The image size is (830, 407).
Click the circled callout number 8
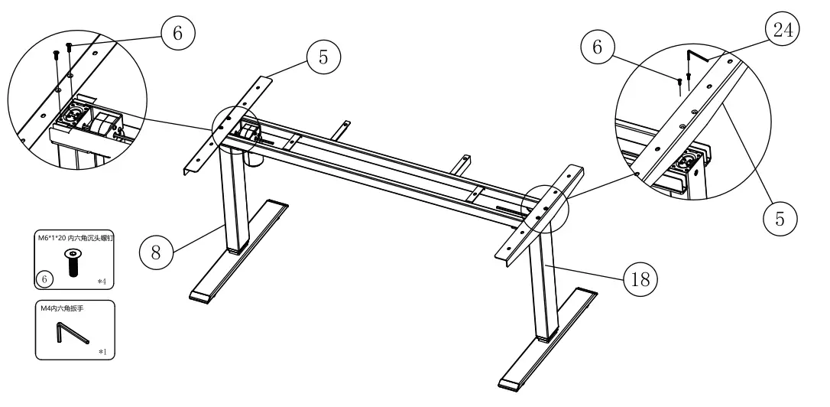156,252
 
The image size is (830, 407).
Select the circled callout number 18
642,280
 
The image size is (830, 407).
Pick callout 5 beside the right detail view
779,217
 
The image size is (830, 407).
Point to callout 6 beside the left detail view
178,32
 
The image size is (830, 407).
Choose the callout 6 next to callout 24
597,47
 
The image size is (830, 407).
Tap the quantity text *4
102,282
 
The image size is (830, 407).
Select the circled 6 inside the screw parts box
46,280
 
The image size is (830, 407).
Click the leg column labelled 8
233,200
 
